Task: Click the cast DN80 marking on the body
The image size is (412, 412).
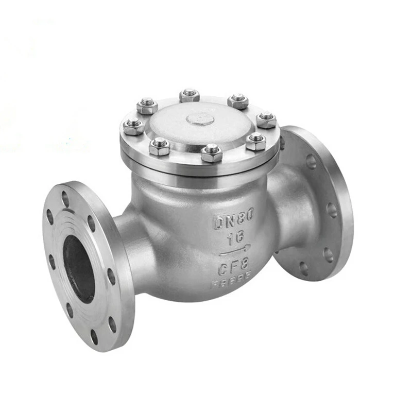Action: coord(234,220)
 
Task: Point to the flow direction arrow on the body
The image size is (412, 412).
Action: coord(235,252)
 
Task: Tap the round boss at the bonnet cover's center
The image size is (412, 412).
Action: coord(200,119)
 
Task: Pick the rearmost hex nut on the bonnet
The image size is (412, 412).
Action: coord(190,95)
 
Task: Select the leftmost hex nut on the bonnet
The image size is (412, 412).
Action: coord(134,125)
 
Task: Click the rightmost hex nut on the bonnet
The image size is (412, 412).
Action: coord(266,119)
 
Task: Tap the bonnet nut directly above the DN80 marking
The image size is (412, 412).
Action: coord(212,152)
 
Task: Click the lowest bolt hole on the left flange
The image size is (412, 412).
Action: coord(94,336)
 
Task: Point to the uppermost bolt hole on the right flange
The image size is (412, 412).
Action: coord(311,161)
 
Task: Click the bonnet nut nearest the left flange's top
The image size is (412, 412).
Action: coord(134,125)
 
